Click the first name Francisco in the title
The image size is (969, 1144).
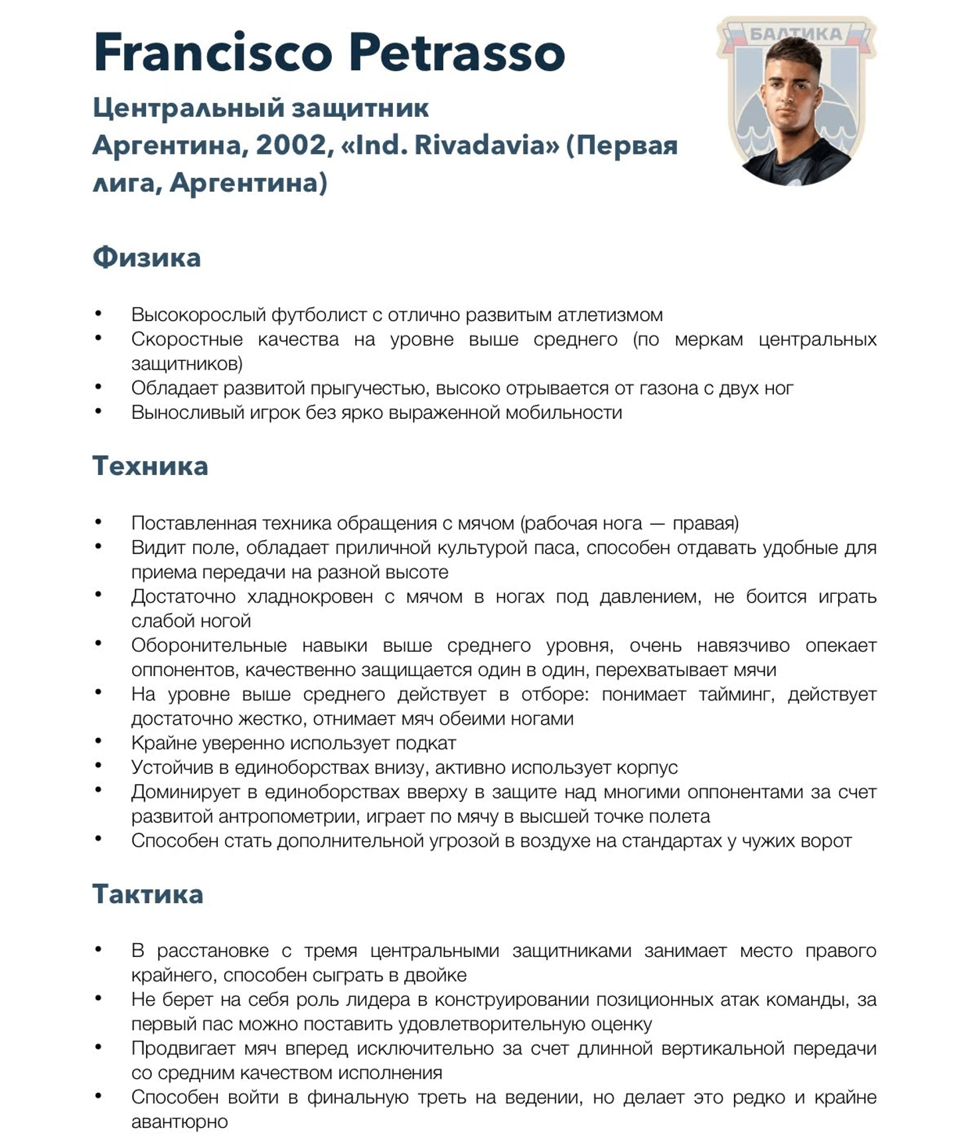[x=212, y=53]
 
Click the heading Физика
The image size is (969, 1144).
[x=147, y=257]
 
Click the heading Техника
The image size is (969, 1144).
[x=150, y=466]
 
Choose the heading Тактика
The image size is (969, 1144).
[x=147, y=894]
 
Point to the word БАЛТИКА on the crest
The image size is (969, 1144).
[x=795, y=35]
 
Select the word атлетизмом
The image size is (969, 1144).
[x=609, y=315]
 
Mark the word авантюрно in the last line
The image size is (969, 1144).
[x=179, y=1122]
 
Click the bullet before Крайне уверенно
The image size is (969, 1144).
[x=98, y=741]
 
